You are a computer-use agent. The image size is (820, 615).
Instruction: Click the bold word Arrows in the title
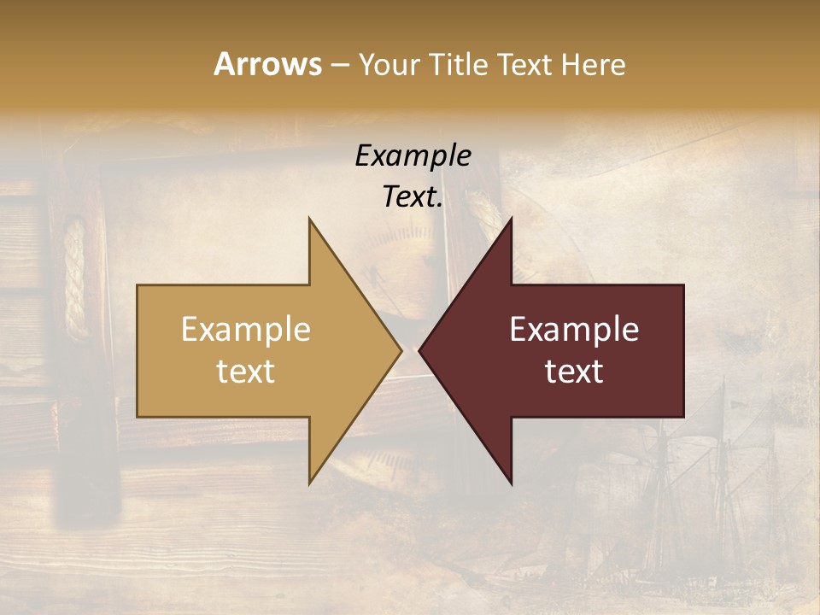[x=267, y=64]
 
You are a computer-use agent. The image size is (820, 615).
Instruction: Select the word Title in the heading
[x=465, y=65]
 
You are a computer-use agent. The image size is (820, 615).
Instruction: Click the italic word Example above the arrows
[x=413, y=155]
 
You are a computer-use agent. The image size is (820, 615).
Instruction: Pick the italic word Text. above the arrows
[x=413, y=196]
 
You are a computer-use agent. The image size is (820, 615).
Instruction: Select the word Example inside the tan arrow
[x=246, y=330]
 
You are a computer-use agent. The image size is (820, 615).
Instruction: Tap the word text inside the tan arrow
[x=246, y=372]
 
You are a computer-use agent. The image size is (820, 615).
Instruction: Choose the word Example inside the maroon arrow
[x=574, y=330]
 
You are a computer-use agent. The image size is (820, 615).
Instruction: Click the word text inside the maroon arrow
[x=574, y=372]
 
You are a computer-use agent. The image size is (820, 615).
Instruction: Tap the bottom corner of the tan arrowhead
[x=310, y=482]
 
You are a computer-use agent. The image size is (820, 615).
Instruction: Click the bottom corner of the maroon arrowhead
[x=511, y=482]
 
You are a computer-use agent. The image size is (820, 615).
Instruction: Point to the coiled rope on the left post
[x=75, y=278]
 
